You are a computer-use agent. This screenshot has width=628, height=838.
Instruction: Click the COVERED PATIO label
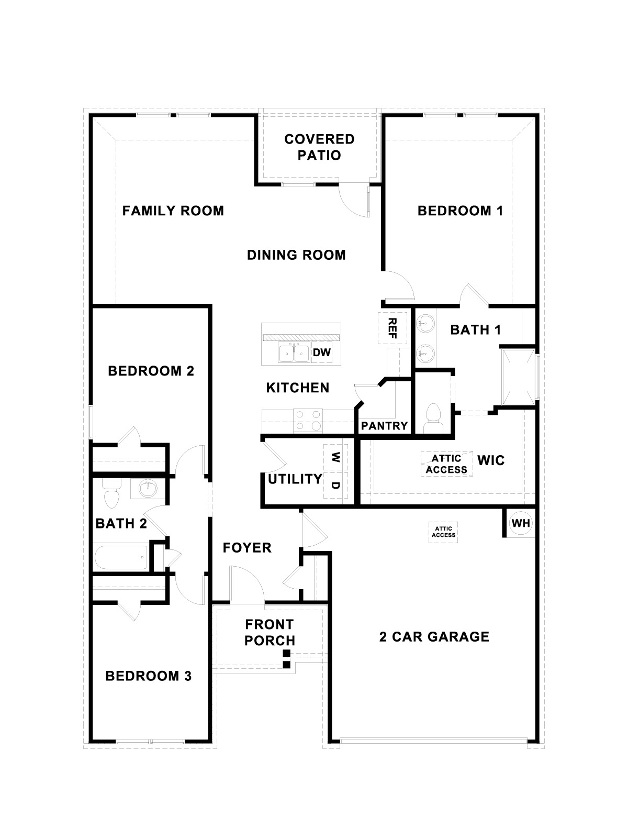(319, 147)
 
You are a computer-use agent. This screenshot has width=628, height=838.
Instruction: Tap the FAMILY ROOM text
(173, 211)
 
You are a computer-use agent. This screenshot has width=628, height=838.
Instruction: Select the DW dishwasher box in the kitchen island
(322, 352)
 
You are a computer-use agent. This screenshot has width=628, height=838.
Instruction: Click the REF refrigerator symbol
(391, 328)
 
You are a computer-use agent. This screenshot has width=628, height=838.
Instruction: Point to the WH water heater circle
(520, 523)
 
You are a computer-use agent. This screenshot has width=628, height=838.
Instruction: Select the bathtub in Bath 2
(121, 558)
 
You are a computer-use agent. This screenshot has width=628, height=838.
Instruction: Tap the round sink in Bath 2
(148, 489)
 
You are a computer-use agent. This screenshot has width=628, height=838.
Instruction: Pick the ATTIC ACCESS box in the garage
(443, 532)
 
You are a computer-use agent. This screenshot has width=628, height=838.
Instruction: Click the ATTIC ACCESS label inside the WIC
(446, 464)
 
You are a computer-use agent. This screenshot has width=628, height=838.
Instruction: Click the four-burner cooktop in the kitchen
(308, 420)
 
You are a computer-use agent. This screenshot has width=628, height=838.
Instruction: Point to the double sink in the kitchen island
(294, 354)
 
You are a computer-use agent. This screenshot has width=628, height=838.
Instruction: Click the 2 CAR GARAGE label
(434, 637)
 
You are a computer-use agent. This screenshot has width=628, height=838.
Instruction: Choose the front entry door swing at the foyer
(246, 584)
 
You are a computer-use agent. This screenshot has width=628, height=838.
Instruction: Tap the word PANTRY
(384, 426)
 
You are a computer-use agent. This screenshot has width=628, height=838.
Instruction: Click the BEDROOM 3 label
(149, 676)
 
